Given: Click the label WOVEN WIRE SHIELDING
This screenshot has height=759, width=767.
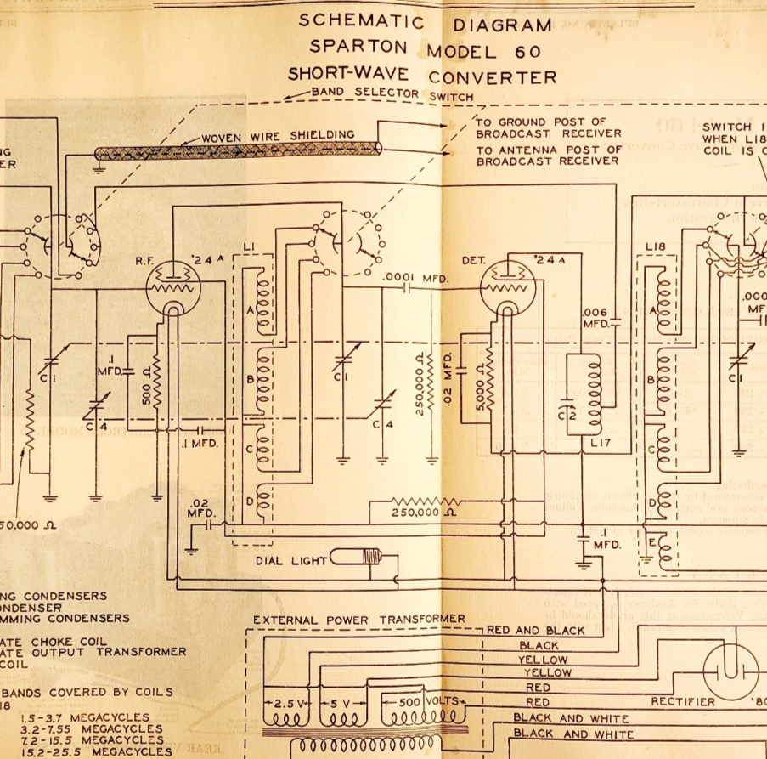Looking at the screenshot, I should [278, 135].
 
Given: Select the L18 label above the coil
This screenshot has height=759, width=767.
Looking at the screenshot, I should [654, 246].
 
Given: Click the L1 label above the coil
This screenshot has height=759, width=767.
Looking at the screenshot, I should [250, 246].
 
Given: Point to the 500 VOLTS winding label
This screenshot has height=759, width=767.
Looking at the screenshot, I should [422, 702].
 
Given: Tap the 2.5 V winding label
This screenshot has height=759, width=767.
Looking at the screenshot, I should [290, 704].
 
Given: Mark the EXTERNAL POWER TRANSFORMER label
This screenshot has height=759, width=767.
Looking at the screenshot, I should [359, 620].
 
